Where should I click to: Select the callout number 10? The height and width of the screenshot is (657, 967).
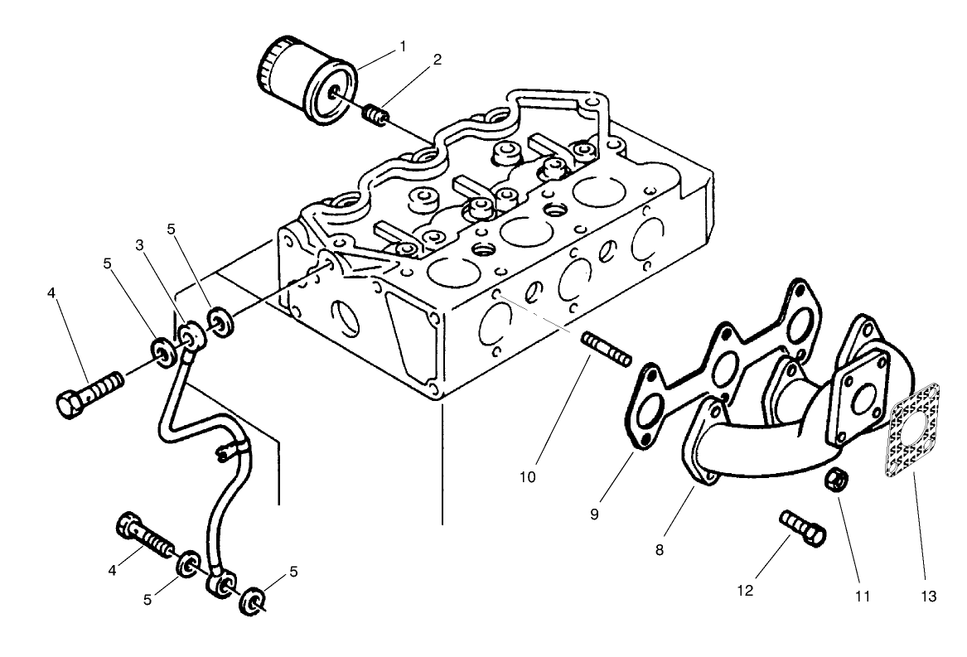point(529,476)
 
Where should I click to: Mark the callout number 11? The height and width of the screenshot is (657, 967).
point(863,595)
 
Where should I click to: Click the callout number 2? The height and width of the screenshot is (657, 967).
point(437,60)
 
